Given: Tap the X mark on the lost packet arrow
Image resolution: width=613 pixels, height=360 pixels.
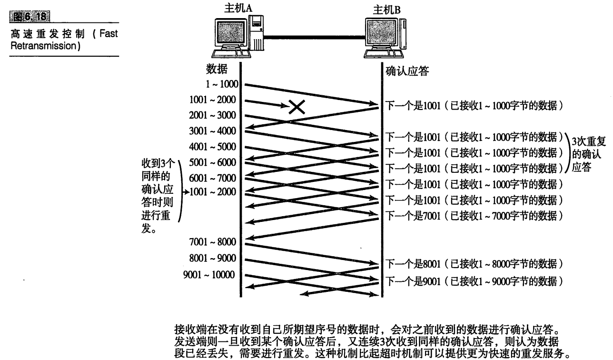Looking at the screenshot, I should point(297,108).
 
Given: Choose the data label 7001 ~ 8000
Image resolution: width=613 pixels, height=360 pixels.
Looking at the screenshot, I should point(212,242).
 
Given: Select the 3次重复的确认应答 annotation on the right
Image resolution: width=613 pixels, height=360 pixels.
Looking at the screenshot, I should point(588,153).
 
